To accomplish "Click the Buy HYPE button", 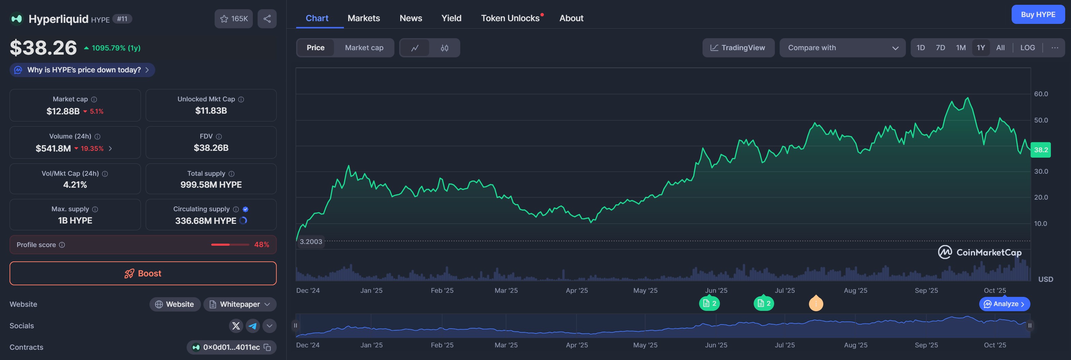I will [x=1038, y=15].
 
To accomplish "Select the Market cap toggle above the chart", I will [x=364, y=48].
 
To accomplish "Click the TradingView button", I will [x=738, y=48].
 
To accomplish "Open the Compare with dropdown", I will [x=842, y=48].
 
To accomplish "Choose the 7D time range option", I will [x=940, y=48].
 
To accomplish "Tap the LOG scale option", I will [x=1027, y=48].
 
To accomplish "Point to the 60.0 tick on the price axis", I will [x=1041, y=94].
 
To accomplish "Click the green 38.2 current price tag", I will [x=1041, y=150].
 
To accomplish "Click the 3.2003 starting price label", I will [x=310, y=242].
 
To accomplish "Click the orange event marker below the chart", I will [x=816, y=303].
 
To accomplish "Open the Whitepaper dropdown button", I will [x=240, y=304].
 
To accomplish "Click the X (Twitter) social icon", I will [x=236, y=326].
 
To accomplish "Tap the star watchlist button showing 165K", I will [x=234, y=19].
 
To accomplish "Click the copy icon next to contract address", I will [x=267, y=347].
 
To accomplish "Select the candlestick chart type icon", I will [x=445, y=48].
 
